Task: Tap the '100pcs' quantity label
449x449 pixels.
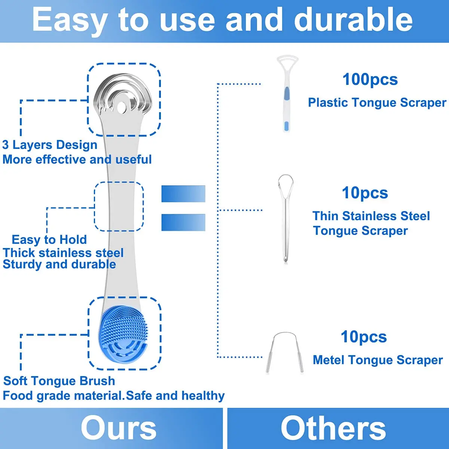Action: coord(370,79)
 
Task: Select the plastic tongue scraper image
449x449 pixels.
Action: coord(287,94)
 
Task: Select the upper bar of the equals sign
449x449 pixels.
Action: coord(183,194)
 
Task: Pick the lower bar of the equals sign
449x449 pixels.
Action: coord(183,222)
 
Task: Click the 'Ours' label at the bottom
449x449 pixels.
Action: coord(119,428)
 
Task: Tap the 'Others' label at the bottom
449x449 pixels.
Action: coord(333,428)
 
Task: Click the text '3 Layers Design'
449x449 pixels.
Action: coord(50,145)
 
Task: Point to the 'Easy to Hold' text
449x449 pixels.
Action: coord(49,239)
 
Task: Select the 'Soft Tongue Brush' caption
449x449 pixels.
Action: coord(59,381)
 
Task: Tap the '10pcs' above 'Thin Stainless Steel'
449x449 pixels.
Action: coord(365,193)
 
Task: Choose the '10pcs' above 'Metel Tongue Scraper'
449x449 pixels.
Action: coord(364,337)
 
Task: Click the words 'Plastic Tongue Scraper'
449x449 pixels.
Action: coord(377,103)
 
